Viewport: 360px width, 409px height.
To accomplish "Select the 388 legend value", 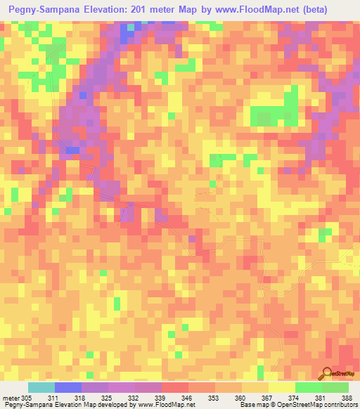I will click(x=347, y=398).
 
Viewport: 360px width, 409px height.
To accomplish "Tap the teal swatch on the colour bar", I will click(x=41, y=387).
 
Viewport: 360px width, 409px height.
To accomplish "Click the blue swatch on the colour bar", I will click(x=68, y=387).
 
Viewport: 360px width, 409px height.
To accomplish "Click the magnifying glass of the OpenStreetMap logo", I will click(x=327, y=374).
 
